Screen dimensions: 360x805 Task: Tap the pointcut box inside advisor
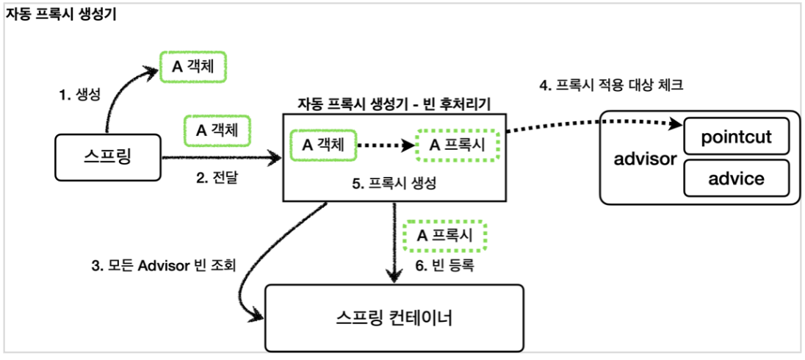736,138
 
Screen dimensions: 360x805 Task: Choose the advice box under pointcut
736,179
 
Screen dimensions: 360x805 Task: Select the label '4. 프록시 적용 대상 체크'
611,86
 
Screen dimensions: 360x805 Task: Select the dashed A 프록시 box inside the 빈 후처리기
458,145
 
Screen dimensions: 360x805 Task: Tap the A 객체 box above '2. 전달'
218,131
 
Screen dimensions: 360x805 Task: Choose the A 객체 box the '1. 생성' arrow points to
193,68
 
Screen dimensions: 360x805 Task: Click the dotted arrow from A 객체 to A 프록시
386,145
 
